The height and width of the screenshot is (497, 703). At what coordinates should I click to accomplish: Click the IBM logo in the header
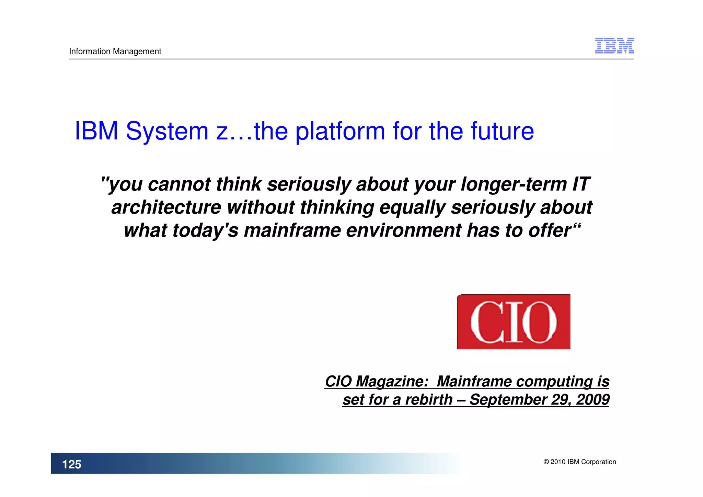614,46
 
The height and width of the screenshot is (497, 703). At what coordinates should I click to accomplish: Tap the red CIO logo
513,322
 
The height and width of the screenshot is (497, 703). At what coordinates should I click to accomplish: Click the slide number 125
71,464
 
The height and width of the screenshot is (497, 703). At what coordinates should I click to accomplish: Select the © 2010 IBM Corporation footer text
579,462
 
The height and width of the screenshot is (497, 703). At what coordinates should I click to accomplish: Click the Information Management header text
115,52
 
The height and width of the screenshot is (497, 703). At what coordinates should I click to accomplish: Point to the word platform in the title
340,131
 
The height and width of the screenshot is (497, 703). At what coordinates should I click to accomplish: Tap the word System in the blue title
167,131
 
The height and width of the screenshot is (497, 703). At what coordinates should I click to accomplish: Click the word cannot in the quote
179,184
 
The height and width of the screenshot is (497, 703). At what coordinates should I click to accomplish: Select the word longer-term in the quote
514,184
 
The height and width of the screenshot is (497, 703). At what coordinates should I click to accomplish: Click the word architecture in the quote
166,207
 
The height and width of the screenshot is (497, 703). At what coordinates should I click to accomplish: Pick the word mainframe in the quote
292,230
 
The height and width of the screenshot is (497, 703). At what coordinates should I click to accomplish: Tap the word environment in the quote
403,230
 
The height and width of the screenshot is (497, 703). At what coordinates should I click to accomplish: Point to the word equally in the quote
412,207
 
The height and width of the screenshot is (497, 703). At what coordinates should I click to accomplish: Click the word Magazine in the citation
391,381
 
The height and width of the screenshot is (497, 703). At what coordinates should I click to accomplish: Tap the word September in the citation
508,399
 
